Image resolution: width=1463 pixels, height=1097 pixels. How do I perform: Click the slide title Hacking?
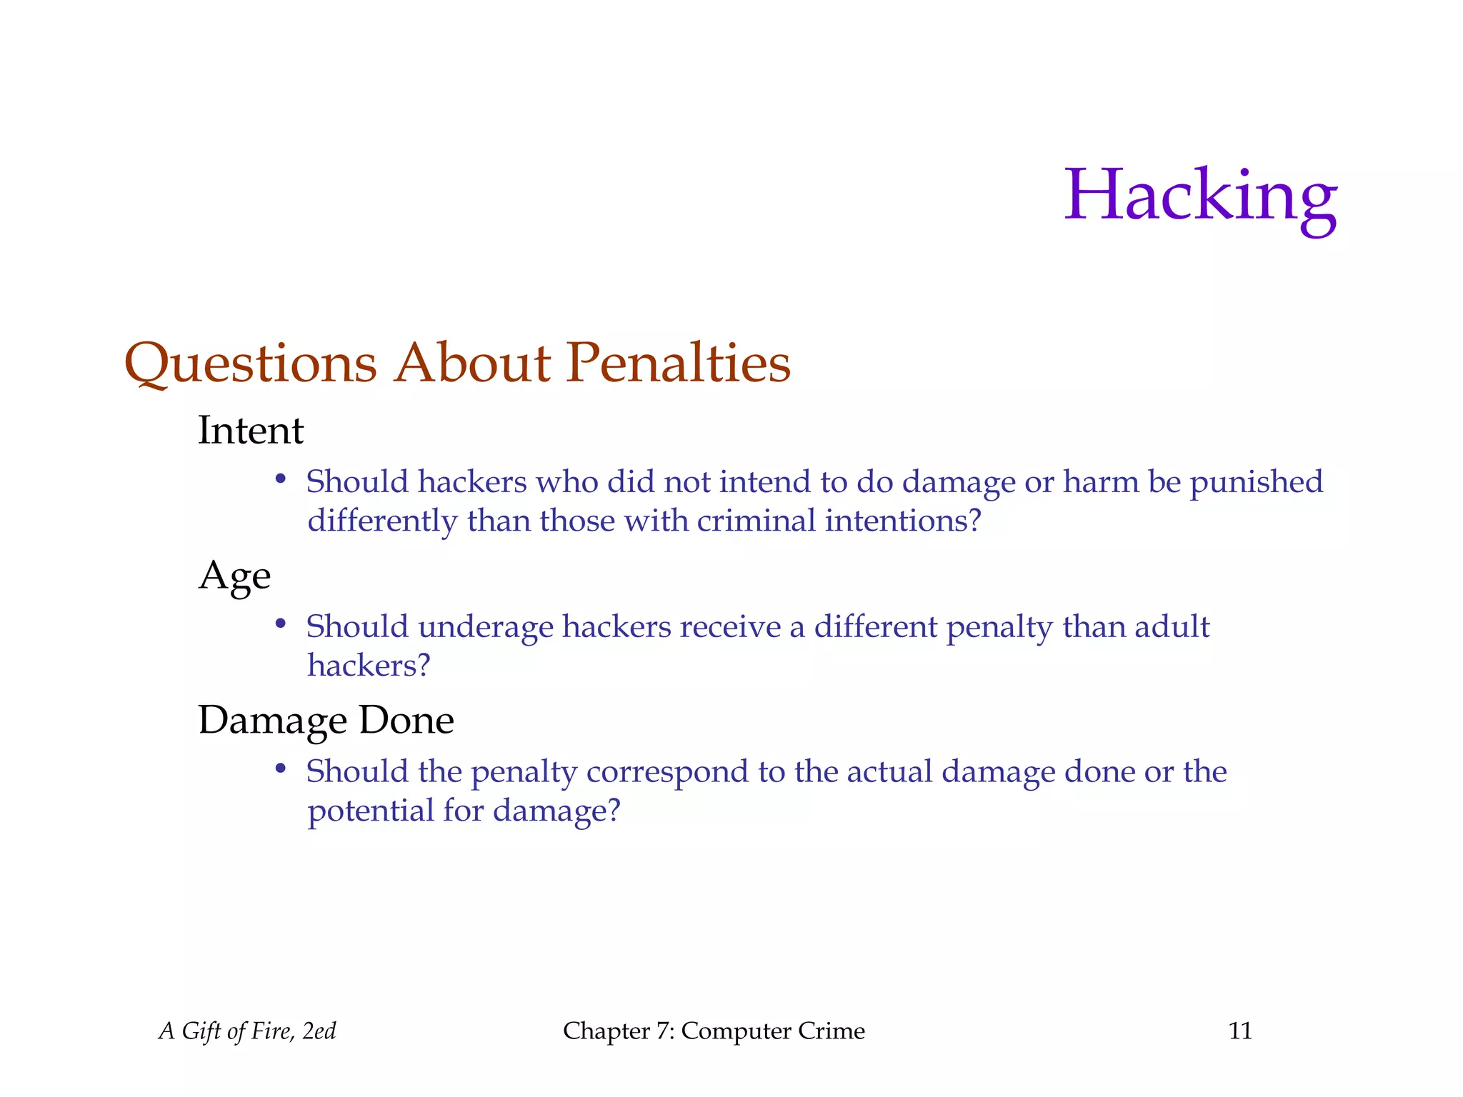click(1200, 196)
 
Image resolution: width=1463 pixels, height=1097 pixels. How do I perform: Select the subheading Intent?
click(251, 431)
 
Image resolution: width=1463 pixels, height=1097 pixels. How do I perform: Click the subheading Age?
click(234, 576)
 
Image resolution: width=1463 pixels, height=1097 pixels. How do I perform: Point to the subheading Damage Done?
click(326, 720)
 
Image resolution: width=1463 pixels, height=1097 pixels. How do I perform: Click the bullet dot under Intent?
click(281, 479)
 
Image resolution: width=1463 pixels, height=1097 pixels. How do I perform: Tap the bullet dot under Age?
click(281, 624)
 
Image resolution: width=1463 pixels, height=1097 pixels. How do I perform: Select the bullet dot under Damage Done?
click(281, 769)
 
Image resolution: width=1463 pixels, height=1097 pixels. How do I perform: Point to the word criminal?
click(756, 521)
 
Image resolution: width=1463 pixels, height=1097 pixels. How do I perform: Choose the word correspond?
click(667, 773)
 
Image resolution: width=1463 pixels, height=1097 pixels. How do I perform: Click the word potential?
click(370, 811)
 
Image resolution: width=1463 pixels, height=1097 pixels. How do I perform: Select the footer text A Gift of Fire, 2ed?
click(247, 1031)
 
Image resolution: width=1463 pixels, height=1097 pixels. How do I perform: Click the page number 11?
click(1240, 1031)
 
